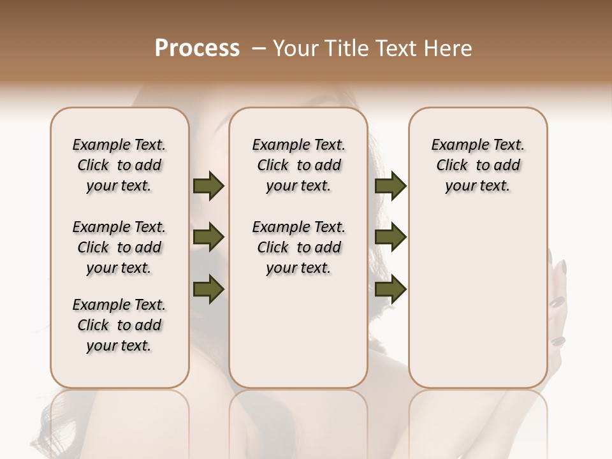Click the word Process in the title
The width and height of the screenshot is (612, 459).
pos(197,48)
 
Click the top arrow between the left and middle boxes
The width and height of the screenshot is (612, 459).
pos(208,186)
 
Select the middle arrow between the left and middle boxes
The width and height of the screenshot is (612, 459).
pos(208,238)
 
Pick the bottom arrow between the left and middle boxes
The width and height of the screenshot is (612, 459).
pos(208,289)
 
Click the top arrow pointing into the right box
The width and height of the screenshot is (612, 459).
pos(390,186)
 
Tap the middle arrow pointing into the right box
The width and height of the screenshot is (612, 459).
pos(390,238)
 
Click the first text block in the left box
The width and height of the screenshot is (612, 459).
pos(119,165)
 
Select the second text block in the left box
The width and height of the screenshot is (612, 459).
pos(119,247)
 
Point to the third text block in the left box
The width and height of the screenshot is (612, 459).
pos(119,325)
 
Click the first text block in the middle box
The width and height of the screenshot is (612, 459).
pos(298,165)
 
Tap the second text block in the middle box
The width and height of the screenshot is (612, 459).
pos(298,247)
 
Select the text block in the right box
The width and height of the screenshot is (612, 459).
pos(477,165)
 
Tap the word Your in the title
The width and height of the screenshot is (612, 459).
pos(293,48)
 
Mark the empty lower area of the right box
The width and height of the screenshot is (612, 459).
pos(477,300)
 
